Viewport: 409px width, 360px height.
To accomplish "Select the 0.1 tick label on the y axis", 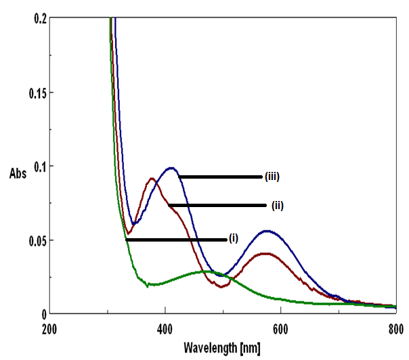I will [x=35, y=166].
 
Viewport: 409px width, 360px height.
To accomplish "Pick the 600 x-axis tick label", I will [x=280, y=330].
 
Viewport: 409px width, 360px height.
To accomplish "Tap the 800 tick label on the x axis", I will [x=396, y=330].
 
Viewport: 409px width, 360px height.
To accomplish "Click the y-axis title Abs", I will [x=18, y=174].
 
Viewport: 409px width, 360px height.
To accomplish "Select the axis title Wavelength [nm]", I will [x=221, y=348].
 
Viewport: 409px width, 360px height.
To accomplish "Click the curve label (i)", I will [x=234, y=238].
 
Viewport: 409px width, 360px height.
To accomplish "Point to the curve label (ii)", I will [x=277, y=205].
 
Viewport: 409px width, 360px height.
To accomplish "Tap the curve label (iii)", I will [x=272, y=177].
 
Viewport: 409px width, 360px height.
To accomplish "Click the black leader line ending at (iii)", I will [x=220, y=177].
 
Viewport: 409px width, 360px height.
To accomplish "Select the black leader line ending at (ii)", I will [x=217, y=205].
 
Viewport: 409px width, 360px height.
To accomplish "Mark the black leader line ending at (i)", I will [x=176, y=240].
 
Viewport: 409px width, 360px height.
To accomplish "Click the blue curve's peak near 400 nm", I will [x=171, y=168].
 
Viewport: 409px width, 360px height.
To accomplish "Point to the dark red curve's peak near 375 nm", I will [x=151, y=179].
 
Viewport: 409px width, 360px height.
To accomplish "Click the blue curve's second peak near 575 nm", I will [x=267, y=231].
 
